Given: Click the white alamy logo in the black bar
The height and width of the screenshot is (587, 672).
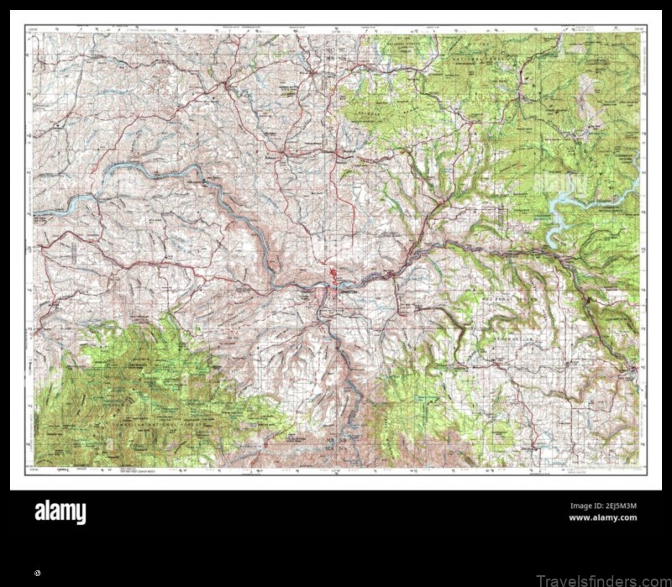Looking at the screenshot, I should (60, 511).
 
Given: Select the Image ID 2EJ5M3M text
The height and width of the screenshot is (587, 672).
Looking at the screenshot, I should (602, 506).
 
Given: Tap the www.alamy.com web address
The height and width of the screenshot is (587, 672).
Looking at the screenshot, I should (602, 518).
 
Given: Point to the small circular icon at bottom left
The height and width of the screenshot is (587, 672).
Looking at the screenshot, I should (38, 573).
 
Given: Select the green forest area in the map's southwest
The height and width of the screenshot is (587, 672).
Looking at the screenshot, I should (143, 395).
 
